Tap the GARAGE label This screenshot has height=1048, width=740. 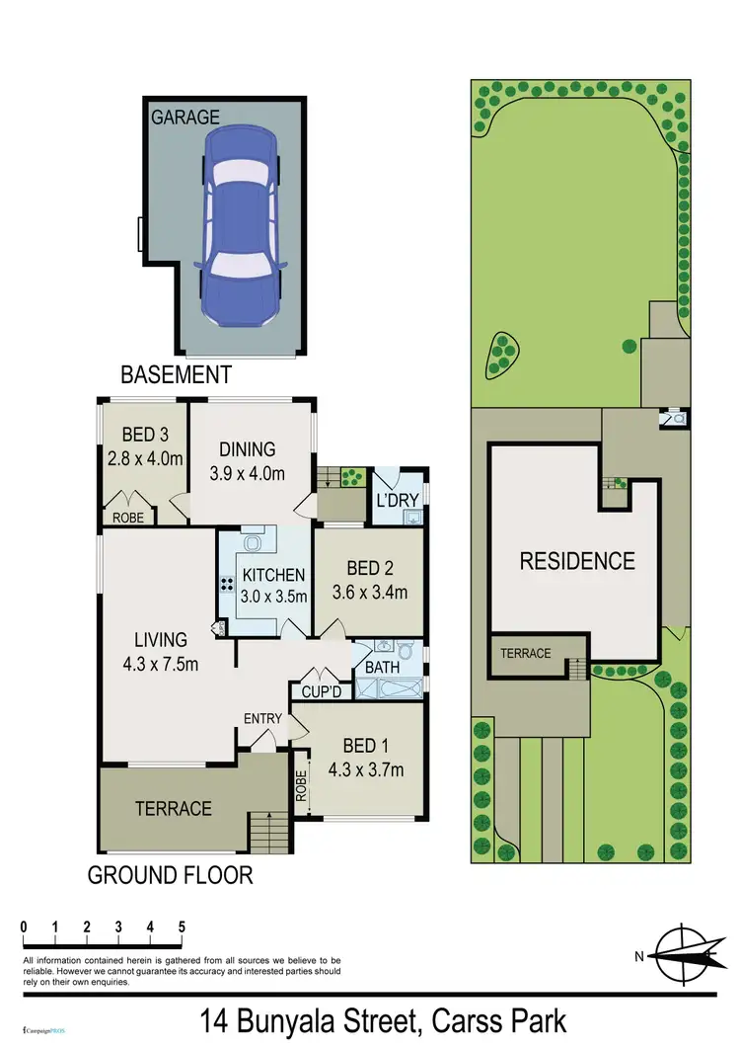click(185, 118)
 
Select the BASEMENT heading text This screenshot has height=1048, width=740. click(176, 375)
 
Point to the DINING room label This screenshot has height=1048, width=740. click(247, 449)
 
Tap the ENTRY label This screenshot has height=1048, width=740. click(262, 718)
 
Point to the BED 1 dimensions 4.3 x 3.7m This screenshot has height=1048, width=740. click(366, 769)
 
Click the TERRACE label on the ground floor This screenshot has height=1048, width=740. click(174, 809)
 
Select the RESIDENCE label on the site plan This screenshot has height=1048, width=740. click(577, 561)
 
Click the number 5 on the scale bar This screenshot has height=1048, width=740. click(182, 927)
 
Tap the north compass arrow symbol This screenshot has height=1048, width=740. click(681, 955)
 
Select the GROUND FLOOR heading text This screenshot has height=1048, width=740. click(170, 875)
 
